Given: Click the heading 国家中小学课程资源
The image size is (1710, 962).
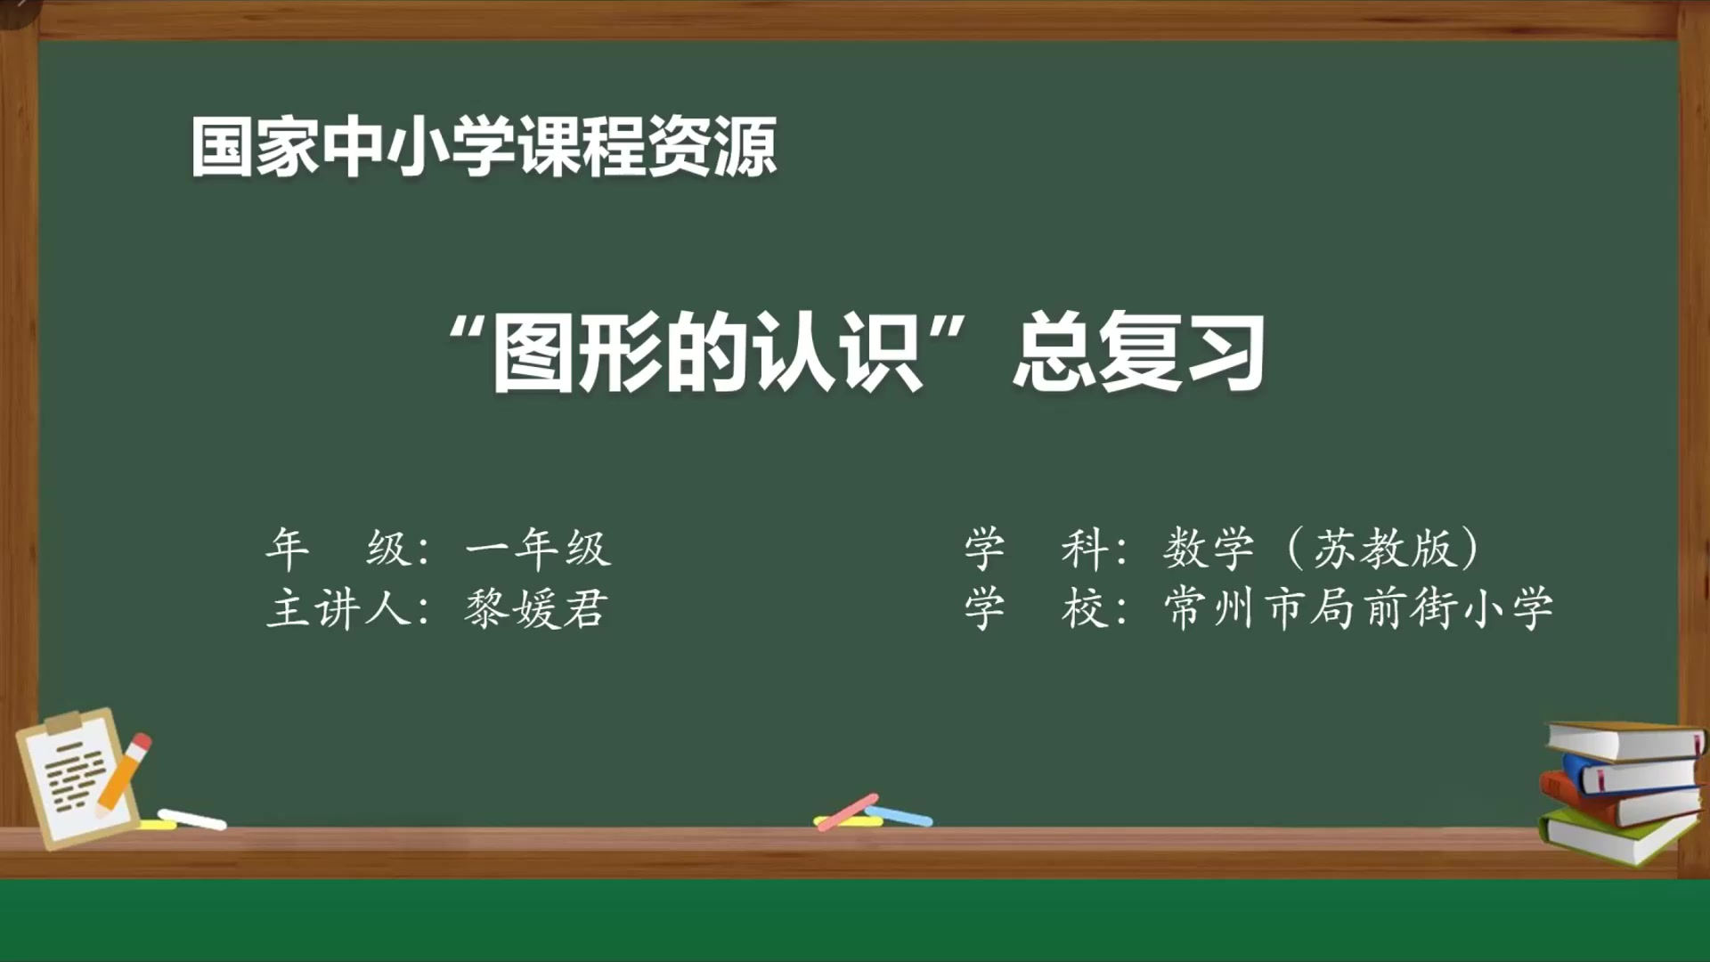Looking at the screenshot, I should pos(484,147).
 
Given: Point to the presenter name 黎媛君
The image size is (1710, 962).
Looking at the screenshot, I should pos(536,609).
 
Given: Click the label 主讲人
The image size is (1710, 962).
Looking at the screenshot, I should pos(338,609).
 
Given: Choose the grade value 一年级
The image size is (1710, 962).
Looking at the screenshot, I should pos(538,548).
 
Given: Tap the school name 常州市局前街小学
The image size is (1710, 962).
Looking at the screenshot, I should pos(1359,609).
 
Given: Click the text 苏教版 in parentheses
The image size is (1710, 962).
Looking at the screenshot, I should pos(1384,548).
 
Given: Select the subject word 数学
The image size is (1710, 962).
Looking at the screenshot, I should pos(1209,548).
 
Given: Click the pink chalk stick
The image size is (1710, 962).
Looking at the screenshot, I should pos(847,811).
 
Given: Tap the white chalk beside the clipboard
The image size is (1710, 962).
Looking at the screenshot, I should pos(191,819).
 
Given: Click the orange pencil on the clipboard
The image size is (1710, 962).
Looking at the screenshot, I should pos(123,774).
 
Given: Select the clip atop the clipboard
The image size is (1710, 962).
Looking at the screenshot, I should pos(64,722).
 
